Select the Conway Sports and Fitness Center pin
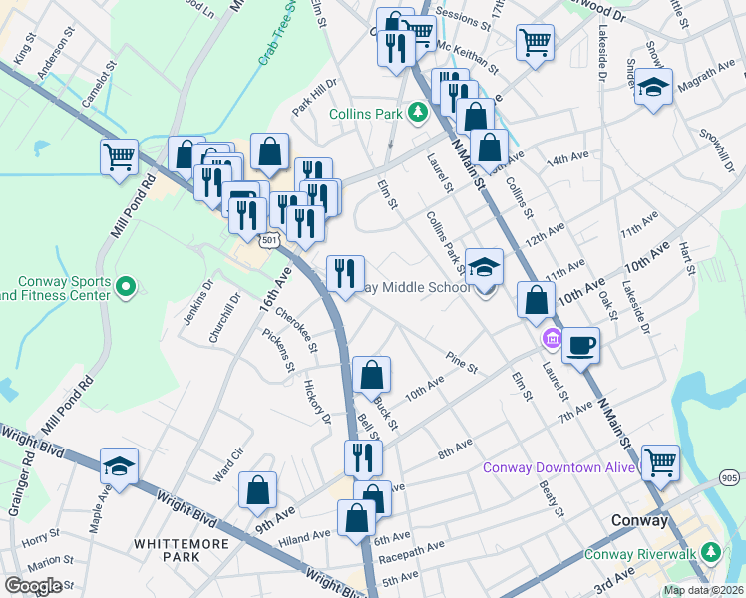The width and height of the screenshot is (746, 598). [x=125, y=289]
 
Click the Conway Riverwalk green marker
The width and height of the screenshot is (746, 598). [x=710, y=551]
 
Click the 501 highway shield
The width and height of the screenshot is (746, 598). [x=269, y=240]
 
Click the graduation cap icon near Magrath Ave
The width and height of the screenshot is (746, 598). [x=653, y=88]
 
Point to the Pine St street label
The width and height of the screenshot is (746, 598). [x=463, y=359]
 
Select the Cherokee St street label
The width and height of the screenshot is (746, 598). [x=296, y=330]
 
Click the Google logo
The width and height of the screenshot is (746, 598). [x=34, y=585]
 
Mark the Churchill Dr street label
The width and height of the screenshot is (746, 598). [x=223, y=317]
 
